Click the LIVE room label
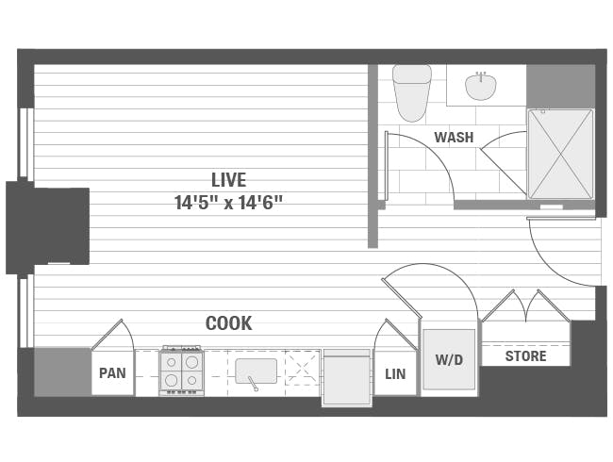coord(228,179)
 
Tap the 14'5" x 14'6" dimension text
coord(228,201)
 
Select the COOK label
coord(228,323)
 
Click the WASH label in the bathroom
coord(454,138)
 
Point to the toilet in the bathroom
coord(411,92)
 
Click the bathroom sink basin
coord(480,87)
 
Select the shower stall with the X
coord(560,154)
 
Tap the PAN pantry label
coord(112,373)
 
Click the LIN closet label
coord(395,374)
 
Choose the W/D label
coord(448,359)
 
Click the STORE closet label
coord(525,356)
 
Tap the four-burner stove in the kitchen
coord(181,371)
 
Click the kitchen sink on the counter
coord(256,371)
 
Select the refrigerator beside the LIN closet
coord(346,378)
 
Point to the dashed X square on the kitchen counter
coord(302,368)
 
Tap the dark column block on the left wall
coord(48,226)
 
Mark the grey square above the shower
coord(560,86)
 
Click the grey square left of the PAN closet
coord(62,371)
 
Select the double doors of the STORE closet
coord(525,306)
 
